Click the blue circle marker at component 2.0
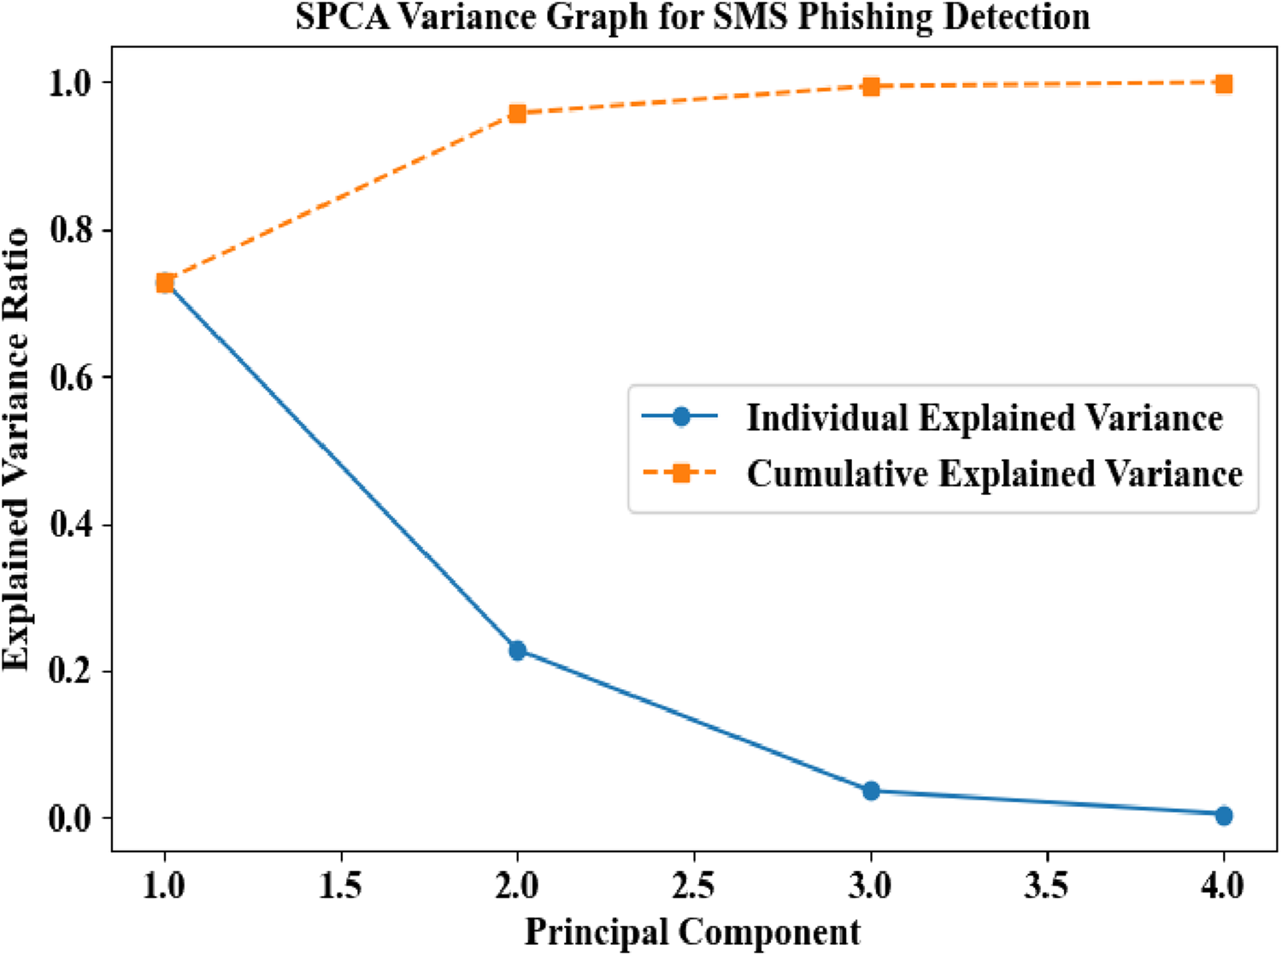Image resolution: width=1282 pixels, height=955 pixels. (517, 651)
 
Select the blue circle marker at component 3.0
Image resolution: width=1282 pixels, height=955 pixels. (871, 791)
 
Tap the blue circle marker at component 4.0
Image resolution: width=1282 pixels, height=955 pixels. (1224, 816)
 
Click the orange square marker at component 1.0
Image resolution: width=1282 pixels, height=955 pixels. (165, 283)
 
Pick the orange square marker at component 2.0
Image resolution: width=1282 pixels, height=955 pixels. (517, 114)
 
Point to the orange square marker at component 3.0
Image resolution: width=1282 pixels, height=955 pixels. (871, 86)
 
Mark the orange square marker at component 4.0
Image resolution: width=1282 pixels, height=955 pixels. (1224, 84)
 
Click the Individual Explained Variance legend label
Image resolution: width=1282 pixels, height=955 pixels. (985, 418)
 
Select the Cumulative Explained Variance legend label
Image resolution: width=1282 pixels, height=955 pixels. (995, 474)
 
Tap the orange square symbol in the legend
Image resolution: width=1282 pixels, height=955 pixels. (681, 473)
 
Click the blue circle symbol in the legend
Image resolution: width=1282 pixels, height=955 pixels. (681, 417)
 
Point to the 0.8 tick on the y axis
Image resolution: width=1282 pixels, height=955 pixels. (72, 230)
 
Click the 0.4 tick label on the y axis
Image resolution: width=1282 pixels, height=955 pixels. (72, 524)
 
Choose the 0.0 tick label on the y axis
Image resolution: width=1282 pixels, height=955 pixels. (72, 818)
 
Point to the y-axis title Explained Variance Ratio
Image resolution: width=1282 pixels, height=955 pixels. (16, 449)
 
